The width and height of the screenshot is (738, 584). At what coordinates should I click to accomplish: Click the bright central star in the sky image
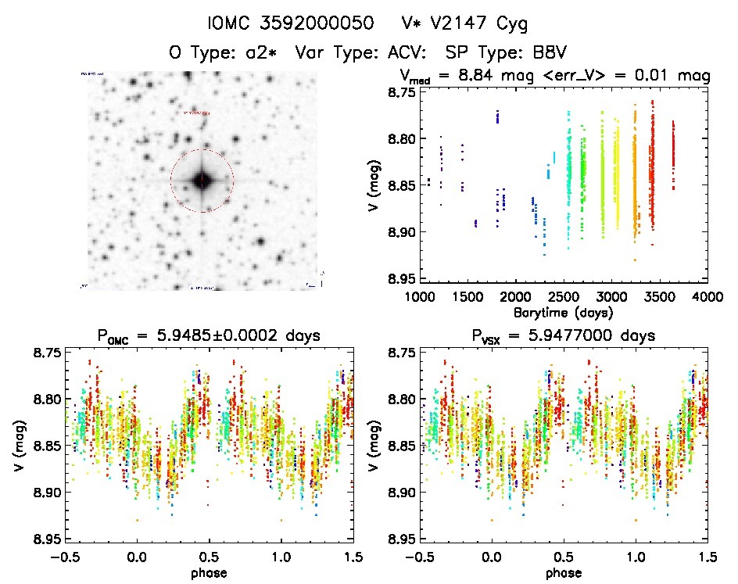(x=202, y=181)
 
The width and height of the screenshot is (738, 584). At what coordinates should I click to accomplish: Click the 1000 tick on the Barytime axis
(x=420, y=296)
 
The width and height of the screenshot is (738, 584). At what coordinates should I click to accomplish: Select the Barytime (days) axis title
(x=563, y=311)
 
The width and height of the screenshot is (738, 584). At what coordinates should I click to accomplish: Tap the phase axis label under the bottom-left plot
(x=207, y=571)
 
